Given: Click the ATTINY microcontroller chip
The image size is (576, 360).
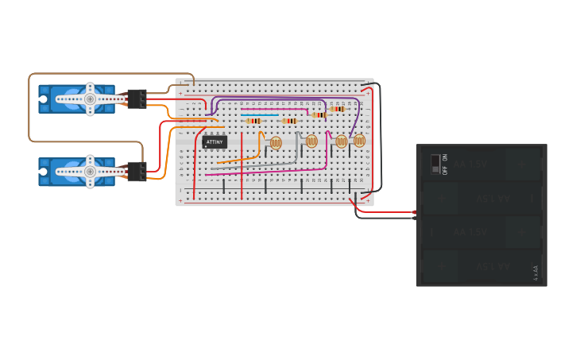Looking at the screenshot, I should click(215, 142).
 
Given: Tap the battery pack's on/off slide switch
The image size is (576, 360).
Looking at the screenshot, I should click(435, 164).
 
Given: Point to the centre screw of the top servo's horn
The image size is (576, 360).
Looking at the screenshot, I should click(90, 99).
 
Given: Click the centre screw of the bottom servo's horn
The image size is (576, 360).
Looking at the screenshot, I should click(90, 172).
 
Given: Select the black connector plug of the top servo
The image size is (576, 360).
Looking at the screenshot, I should click(136, 99).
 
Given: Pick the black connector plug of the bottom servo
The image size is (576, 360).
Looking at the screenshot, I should click(137, 172).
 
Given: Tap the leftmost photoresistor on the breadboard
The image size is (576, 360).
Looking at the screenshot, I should click(276, 143).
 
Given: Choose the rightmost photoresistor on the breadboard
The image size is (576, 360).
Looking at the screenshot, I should click(359, 141).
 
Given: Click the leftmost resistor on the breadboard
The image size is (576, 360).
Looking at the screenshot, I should click(253, 121).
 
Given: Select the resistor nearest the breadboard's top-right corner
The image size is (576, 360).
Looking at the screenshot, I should click(338, 109).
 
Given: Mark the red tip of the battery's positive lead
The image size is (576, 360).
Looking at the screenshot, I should click(414, 212).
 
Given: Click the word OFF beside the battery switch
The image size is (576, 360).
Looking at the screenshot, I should click(445, 169).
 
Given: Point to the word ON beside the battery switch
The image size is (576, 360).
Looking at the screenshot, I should click(445, 157).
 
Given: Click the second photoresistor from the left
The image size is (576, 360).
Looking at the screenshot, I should click(311, 141).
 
